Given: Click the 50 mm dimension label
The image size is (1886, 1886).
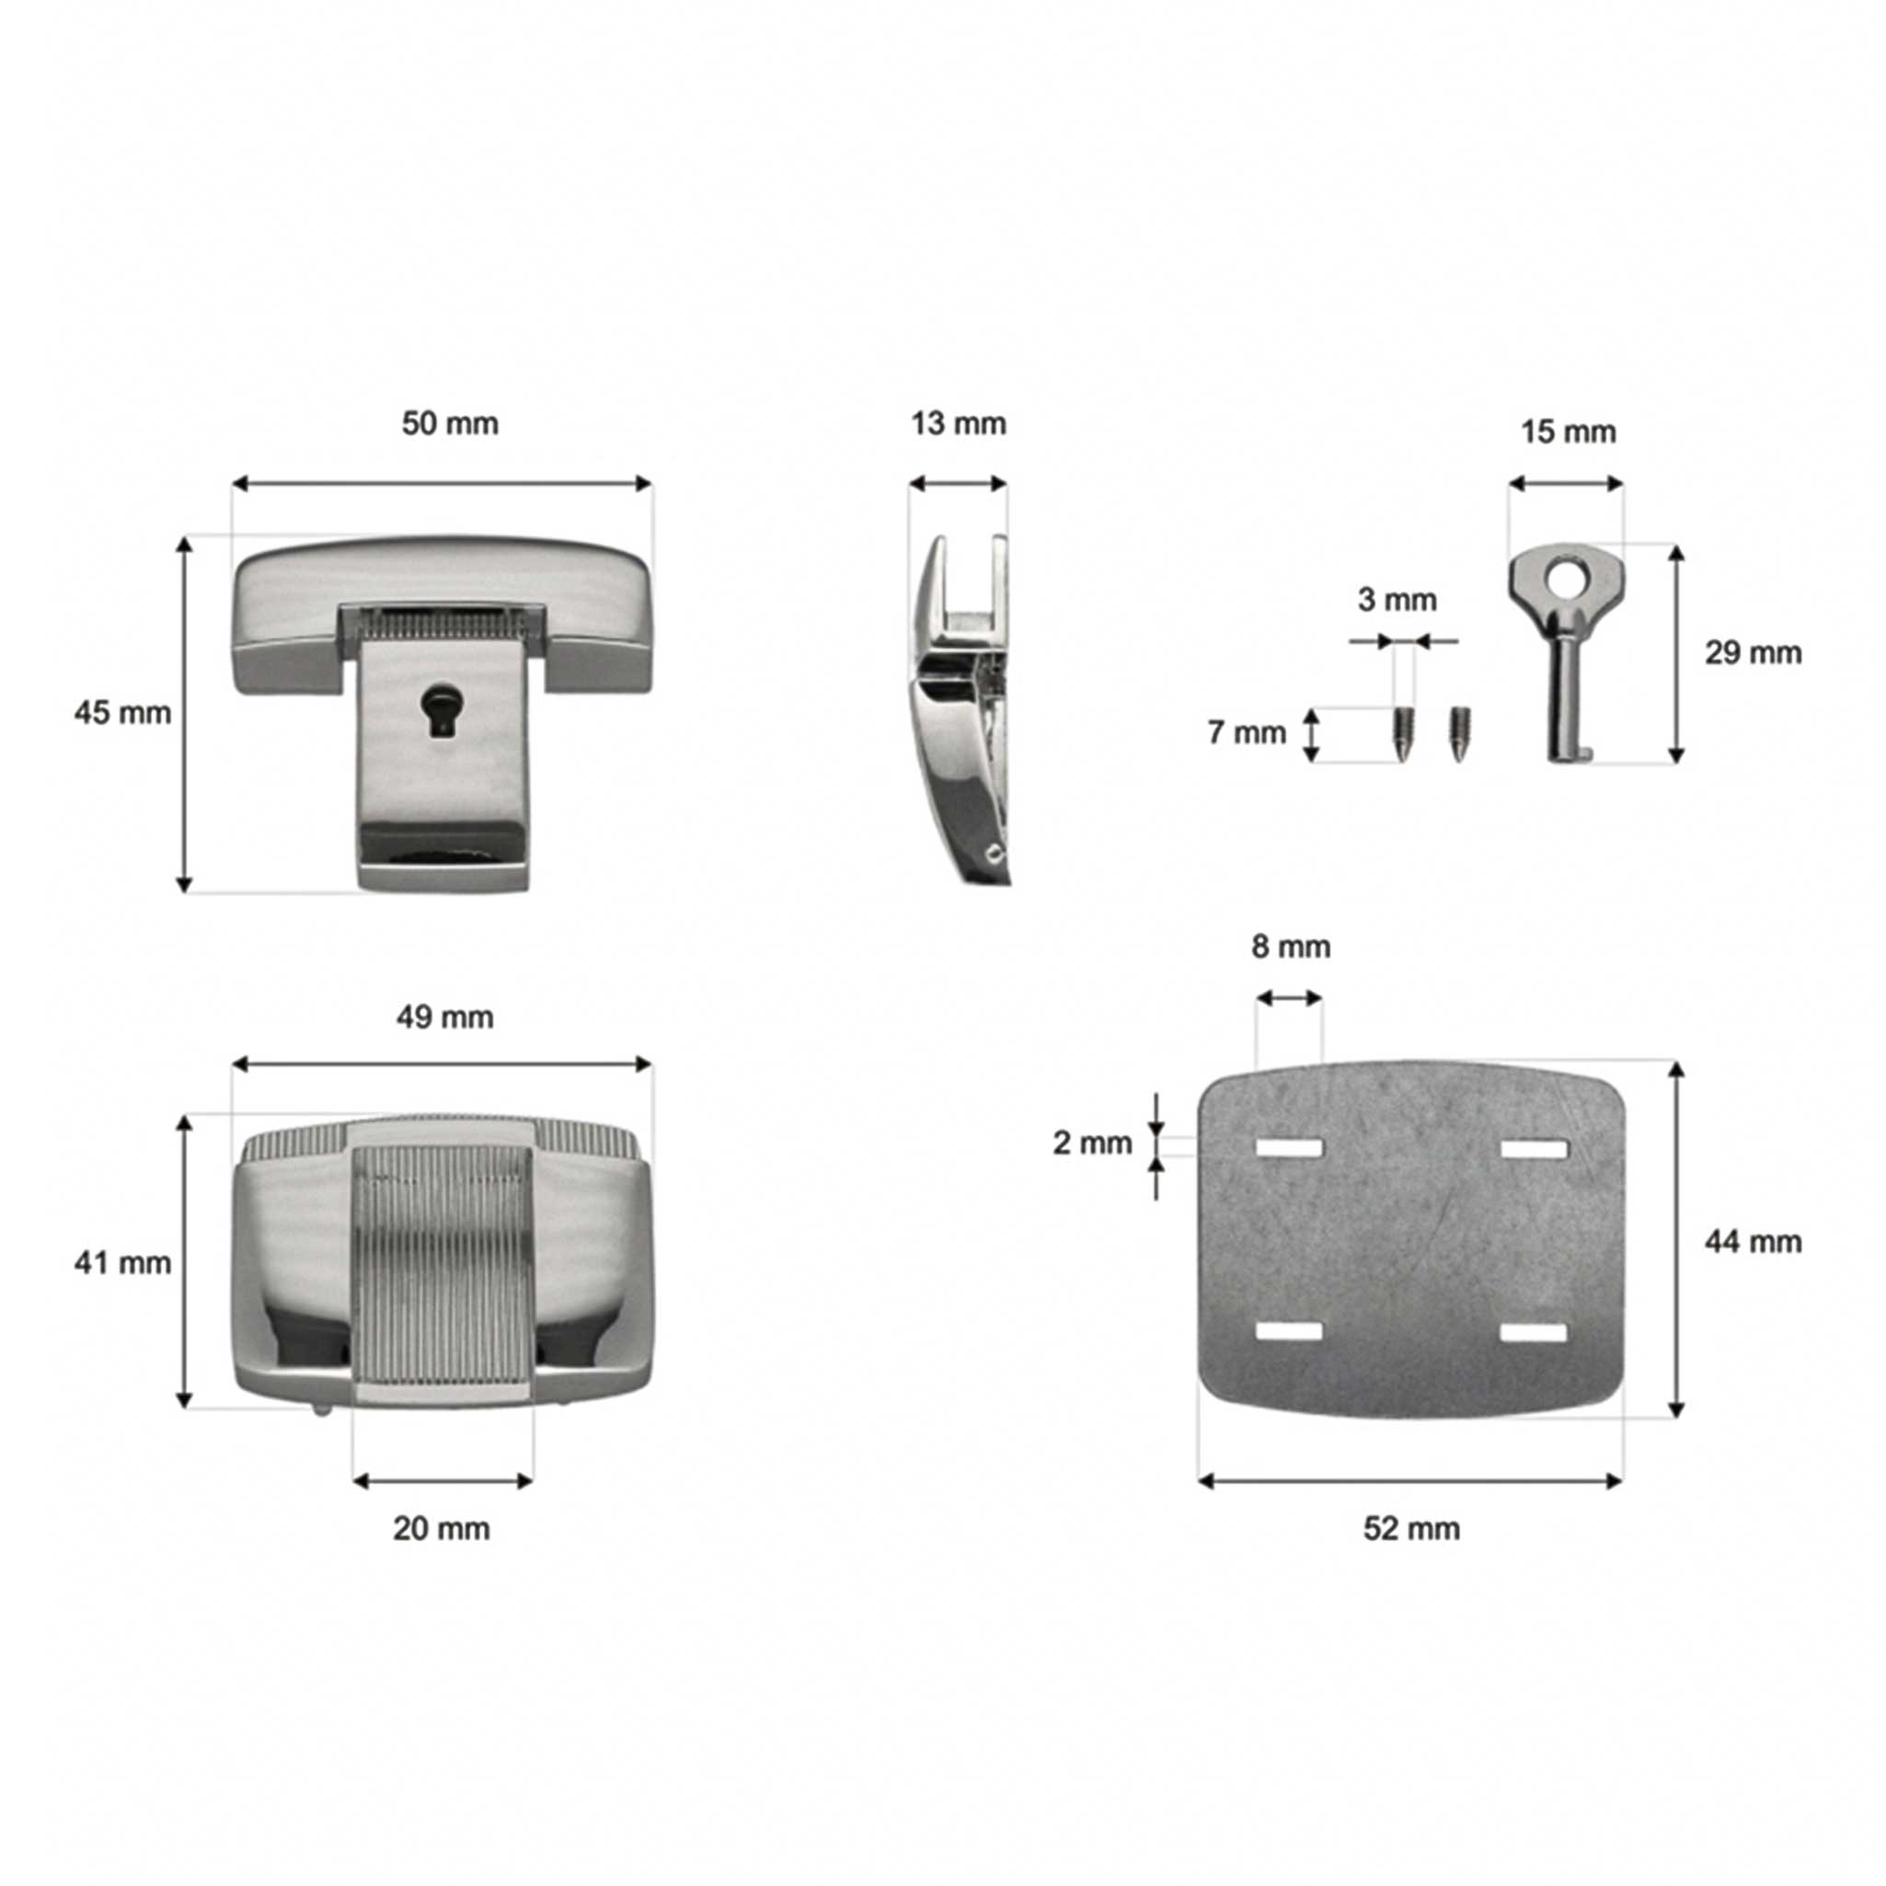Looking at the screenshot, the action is coord(450,424).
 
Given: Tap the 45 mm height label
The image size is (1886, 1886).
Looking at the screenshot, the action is coord(122,713).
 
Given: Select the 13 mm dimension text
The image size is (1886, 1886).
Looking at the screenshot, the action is coord(958,424).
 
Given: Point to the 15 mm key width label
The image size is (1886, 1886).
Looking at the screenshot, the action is coord(1568,431).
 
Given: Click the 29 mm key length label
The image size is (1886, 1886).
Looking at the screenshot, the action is coord(1754,652).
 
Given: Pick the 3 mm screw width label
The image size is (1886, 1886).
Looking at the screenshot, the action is coord(1397,600).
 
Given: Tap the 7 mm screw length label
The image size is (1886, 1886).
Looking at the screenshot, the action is coord(1247,732).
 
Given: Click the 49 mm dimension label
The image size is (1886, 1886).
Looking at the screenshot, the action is coord(444,1018).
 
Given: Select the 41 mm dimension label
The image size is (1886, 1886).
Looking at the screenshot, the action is coord(122,1263).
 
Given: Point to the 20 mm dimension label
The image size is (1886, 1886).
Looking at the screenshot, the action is coord(442,1529).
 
